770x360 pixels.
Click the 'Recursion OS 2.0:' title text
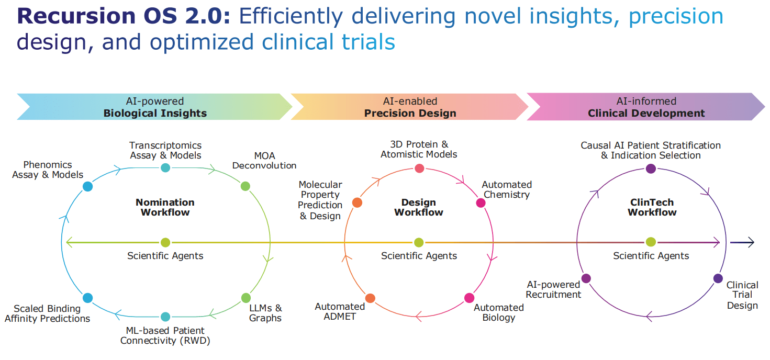124,16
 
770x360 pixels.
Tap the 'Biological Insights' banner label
155,113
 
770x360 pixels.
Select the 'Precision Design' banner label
410,113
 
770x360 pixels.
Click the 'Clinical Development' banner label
646,113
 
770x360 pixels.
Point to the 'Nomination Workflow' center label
165,207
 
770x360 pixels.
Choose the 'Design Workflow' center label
418,207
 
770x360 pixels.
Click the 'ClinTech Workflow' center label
652,207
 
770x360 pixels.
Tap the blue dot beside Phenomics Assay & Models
88,186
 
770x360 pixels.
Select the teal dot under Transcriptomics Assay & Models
165,167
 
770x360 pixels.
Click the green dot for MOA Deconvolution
245,186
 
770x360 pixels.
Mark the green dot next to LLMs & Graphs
246,298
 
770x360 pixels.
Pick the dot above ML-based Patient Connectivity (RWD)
165,317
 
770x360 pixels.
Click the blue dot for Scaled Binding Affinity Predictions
87,298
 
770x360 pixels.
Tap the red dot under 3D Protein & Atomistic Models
419,168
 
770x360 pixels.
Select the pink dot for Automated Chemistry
481,203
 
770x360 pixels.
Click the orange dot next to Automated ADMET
370,298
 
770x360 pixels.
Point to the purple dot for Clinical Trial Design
718,278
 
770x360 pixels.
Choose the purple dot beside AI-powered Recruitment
586,278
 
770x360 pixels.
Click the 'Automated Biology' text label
498,312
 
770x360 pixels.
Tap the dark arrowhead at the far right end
750,242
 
